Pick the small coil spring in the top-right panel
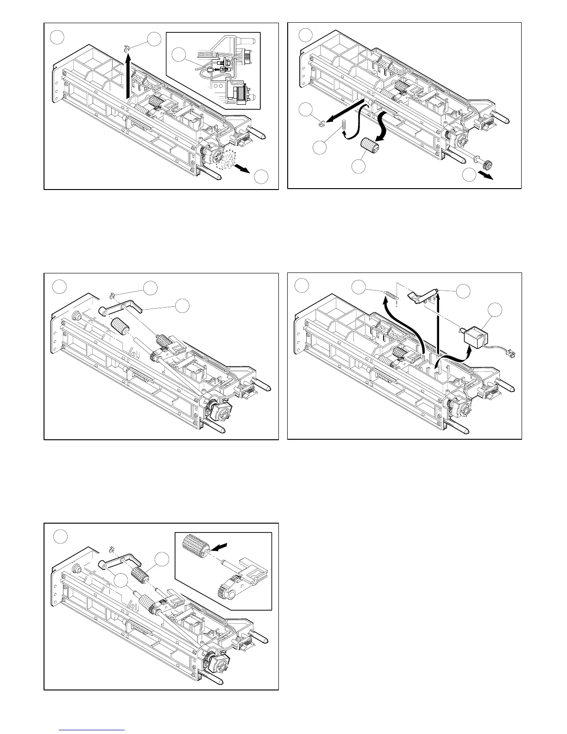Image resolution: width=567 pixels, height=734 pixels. tap(344, 125)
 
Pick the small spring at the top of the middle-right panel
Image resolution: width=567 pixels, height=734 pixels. tap(391, 295)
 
